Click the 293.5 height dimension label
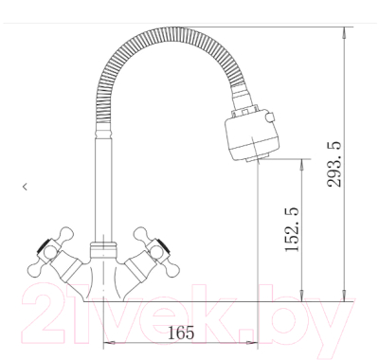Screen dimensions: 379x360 click(334, 164)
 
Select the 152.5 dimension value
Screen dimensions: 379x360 click(292, 229)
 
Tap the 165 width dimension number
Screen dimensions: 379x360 click(181, 333)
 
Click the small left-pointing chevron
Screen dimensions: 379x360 click(25, 187)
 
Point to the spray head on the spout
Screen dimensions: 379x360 click(252, 137)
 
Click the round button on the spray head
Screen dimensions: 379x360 click(270, 117)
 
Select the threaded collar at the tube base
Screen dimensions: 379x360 click(103, 250)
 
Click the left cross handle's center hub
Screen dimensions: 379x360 click(49, 252)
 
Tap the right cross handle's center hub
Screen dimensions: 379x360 click(155, 252)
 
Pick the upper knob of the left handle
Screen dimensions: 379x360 click(66, 234)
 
